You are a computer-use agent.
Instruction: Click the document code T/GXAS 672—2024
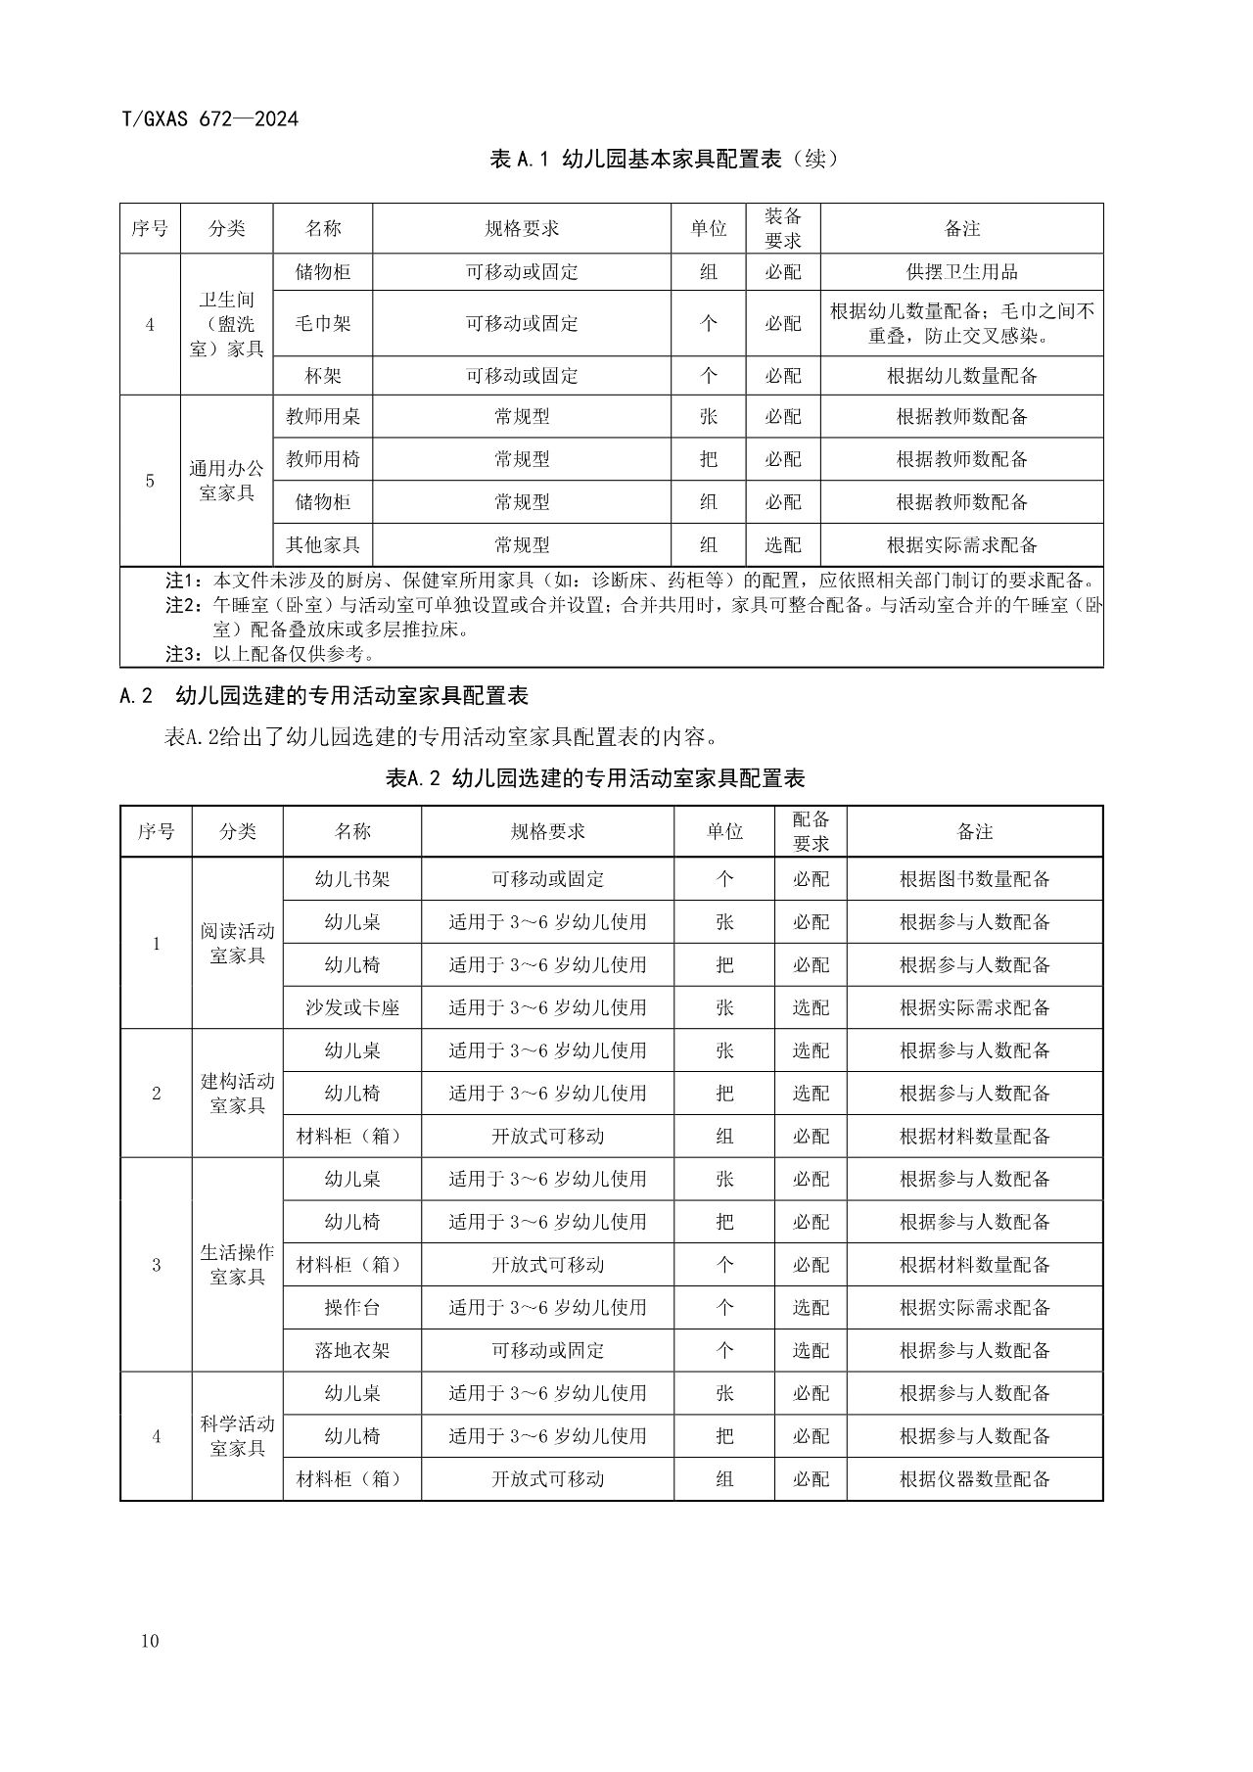[209, 119]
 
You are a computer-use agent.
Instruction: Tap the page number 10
[149, 1641]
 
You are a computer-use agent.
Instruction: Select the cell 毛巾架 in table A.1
[322, 323]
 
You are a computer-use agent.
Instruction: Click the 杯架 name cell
[322, 376]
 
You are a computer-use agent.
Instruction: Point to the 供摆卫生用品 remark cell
[961, 272]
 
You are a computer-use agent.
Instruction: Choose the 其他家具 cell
[322, 544]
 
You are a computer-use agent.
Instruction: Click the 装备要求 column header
[782, 228]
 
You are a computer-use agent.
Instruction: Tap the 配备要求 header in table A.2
[811, 831]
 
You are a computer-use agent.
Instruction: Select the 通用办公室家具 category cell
[226, 481]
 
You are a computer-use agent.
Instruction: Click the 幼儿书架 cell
[351, 879]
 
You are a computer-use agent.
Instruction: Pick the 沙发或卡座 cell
[351, 1007]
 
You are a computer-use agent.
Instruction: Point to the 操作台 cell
[351, 1307]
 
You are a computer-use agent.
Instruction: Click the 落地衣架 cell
[351, 1350]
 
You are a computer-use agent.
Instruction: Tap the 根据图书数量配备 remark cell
[974, 879]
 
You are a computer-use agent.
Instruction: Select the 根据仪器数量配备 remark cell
[974, 1478]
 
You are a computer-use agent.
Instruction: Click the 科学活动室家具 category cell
[237, 1435]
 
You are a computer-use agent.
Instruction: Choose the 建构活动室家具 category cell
[237, 1093]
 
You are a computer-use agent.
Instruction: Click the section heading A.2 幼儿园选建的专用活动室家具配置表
[324, 696]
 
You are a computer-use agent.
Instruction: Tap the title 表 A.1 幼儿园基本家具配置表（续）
[664, 159]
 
